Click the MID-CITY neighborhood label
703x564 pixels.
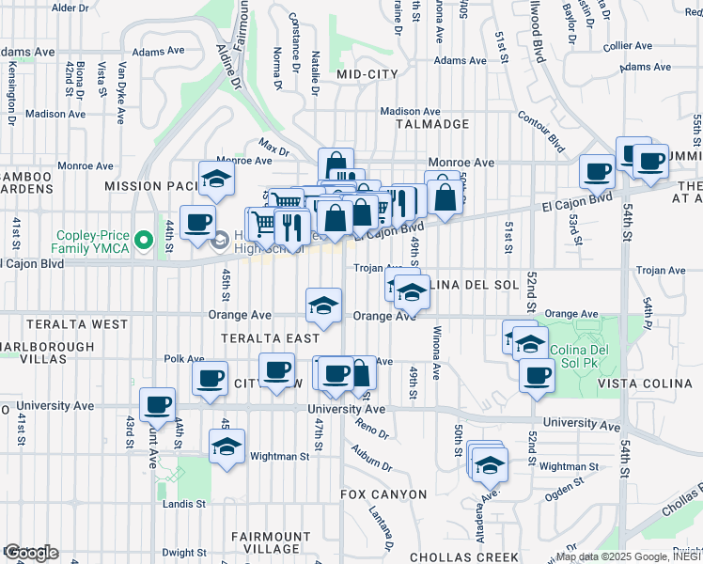pyautogui.click(x=367, y=73)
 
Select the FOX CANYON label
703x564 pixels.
pyautogui.click(x=383, y=493)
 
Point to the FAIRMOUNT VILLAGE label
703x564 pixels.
pyautogui.click(x=271, y=542)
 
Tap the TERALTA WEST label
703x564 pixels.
pyautogui.click(x=64, y=324)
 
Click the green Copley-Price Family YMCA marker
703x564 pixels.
pyautogui.click(x=143, y=241)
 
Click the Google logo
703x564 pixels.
pyautogui.click(x=30, y=553)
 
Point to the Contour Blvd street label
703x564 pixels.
pyautogui.click(x=541, y=131)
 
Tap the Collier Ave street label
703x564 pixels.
pyautogui.click(x=629, y=45)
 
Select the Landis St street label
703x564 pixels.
pyautogui.click(x=186, y=504)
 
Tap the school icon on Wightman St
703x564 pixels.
pyautogui.click(x=227, y=447)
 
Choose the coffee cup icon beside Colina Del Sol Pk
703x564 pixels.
pyautogui.click(x=537, y=374)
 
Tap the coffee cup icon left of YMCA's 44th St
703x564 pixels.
pyautogui.click(x=197, y=223)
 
